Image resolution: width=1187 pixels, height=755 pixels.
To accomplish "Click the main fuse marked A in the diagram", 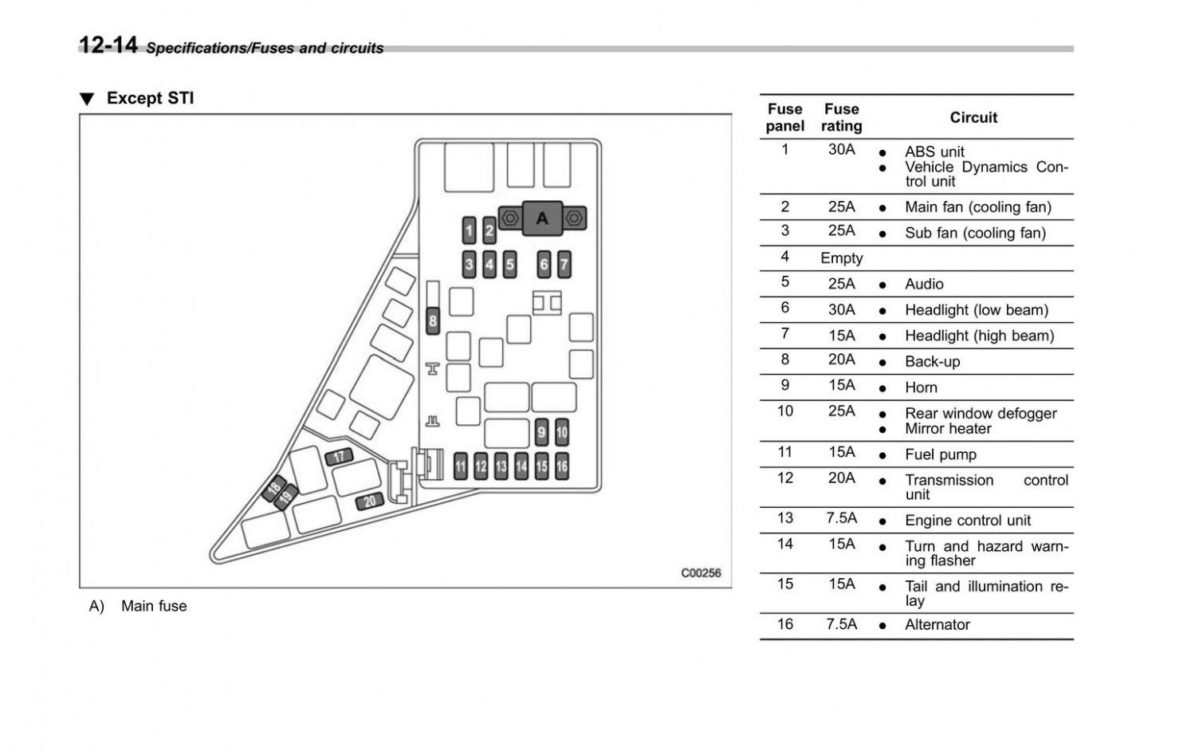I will coord(542,218).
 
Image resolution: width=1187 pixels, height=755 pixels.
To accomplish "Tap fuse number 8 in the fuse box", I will coord(433,320).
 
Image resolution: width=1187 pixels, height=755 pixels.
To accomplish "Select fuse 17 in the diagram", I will coord(339,457).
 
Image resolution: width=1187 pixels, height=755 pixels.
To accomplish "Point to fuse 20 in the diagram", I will coord(370,501).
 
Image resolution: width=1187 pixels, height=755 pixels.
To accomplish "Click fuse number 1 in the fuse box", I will coord(470,231).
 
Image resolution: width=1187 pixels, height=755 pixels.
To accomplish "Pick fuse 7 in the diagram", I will coord(564,264).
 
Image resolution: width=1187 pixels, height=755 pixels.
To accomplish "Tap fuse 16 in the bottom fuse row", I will coord(562,466).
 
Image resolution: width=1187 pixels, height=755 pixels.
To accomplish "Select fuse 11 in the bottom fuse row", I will coord(460,466).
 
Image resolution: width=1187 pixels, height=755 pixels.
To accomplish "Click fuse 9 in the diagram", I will coord(541,433).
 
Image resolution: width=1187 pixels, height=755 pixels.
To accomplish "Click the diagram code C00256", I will coord(701,572).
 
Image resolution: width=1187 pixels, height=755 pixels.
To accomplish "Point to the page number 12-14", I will coord(108,45).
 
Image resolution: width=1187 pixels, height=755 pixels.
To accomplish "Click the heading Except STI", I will coord(150,98).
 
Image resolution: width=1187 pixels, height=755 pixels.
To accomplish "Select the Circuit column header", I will coord(973,117).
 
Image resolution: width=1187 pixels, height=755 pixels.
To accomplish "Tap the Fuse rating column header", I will coord(841,117).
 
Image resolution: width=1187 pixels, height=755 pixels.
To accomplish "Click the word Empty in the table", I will coord(841,258).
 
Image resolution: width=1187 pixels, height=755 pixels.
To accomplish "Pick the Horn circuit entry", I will coord(921,387).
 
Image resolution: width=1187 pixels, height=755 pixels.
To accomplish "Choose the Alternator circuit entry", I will coord(937,625).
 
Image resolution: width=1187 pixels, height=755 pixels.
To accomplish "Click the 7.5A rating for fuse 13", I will coord(841,518).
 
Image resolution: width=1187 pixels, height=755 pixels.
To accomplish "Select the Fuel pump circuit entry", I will coord(940,454).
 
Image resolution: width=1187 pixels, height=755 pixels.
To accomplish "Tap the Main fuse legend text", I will coord(154,606).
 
